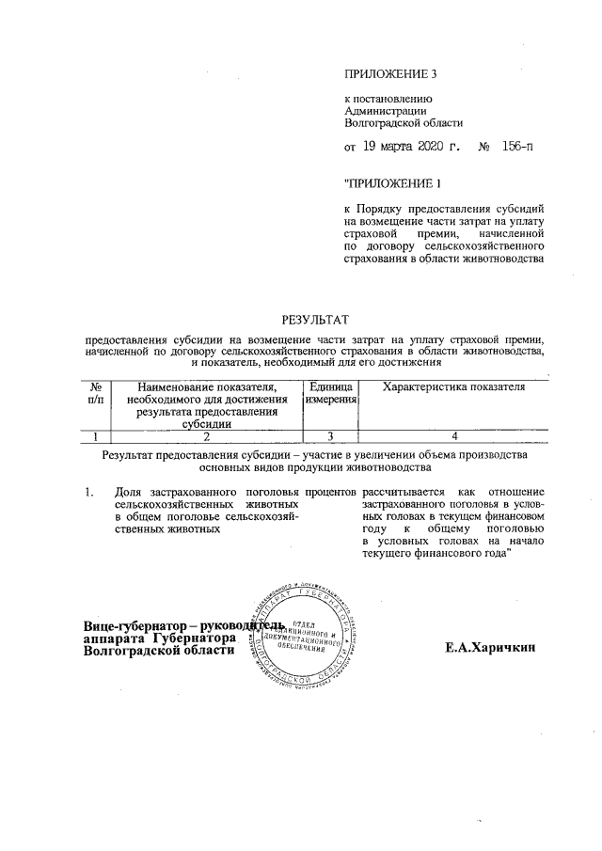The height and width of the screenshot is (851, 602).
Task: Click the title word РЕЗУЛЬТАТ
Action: click(x=316, y=320)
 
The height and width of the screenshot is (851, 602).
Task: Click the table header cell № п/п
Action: click(x=96, y=394)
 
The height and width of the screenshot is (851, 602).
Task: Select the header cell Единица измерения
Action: click(x=330, y=394)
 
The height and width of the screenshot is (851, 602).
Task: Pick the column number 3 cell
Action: click(x=330, y=435)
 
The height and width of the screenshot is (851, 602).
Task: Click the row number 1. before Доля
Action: click(x=88, y=492)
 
